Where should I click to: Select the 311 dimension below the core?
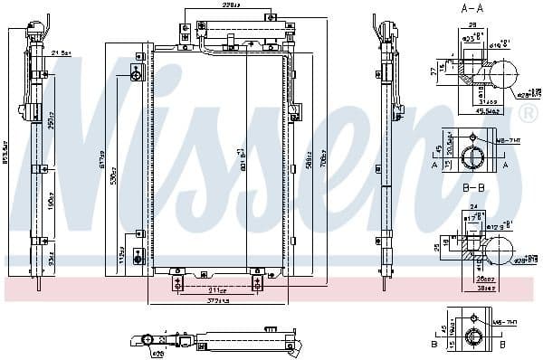click(216, 289)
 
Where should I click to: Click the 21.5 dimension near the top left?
click(62, 54)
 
